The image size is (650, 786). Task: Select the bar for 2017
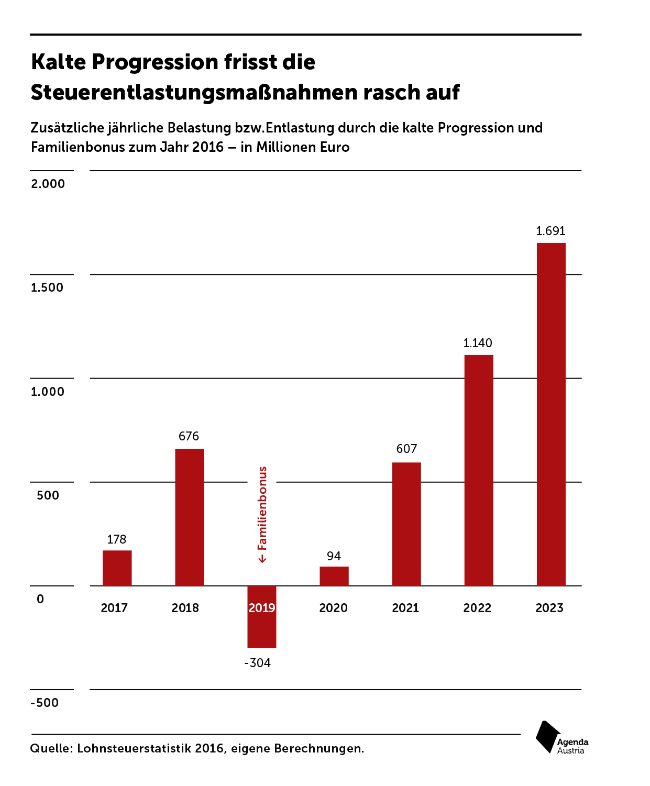117,568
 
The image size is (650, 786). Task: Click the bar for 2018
190,517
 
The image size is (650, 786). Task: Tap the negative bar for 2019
262,617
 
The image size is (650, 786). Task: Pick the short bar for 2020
334,576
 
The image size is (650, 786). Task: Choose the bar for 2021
406,524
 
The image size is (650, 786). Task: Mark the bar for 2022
479,470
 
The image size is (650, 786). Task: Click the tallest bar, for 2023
551,414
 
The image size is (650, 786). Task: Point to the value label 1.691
550,231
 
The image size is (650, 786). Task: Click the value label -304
258,662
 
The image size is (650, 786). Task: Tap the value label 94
334,556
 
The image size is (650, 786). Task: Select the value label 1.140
478,343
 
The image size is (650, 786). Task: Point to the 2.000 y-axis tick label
48,184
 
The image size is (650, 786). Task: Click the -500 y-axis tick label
45,702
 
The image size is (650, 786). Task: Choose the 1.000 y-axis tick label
48,392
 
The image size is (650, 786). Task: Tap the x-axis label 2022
477,608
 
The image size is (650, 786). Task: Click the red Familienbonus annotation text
262,508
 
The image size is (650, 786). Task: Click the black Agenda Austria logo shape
548,737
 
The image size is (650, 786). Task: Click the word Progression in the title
155,62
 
